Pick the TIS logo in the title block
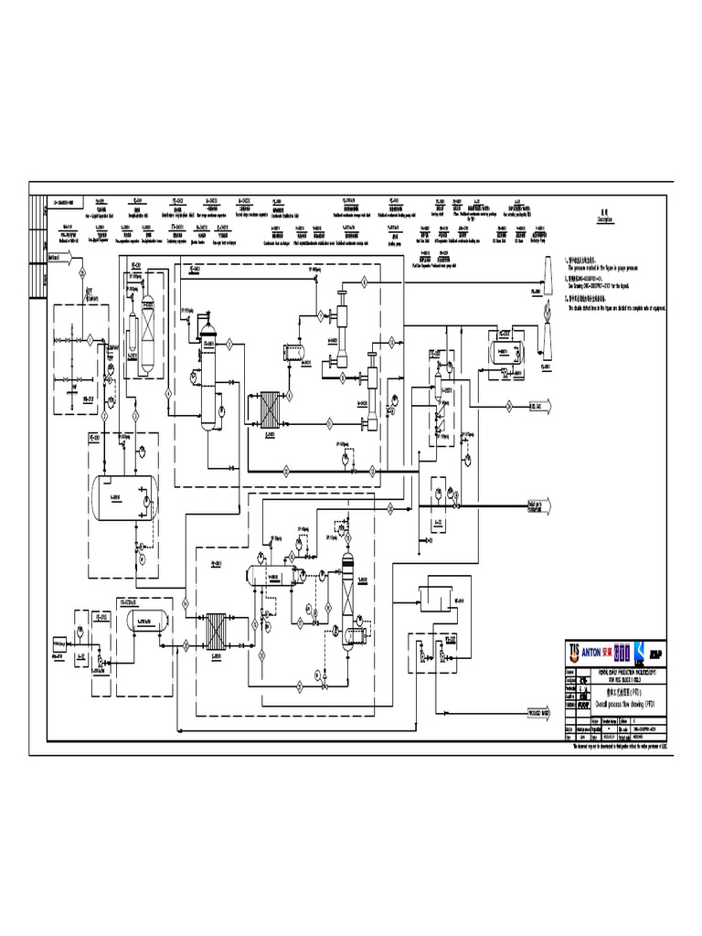[574, 650]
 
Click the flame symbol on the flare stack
[548, 310]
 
